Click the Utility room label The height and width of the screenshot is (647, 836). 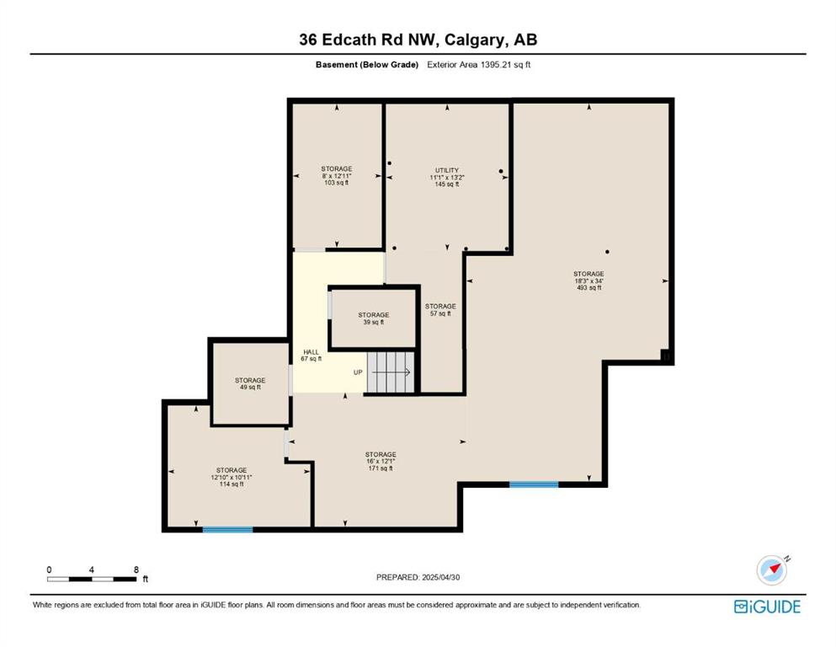pos(447,177)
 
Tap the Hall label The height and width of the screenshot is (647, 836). pos(312,356)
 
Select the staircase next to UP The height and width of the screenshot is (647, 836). pos(391,372)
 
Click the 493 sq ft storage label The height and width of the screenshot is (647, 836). pos(588,281)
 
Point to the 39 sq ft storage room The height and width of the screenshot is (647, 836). pos(373,318)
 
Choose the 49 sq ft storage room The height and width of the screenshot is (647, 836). pos(251,383)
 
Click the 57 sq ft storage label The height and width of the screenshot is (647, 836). pos(440,310)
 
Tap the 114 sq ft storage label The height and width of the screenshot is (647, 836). pos(232,477)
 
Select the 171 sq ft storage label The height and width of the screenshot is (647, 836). pos(381,462)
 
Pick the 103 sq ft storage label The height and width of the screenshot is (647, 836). pos(337,175)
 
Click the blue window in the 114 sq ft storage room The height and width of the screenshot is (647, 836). pos(227,530)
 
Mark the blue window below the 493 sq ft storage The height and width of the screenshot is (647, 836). pos(534,485)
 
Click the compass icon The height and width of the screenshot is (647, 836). pos(772,569)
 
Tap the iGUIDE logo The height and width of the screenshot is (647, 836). pos(767,607)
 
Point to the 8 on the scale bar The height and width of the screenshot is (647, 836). pos(136,569)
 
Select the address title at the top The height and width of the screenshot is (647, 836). pos(418,40)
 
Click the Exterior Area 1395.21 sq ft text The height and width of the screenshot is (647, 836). pos(479,65)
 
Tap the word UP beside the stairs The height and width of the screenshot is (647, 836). pos(358,372)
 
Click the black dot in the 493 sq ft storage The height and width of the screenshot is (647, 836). pos(607,252)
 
